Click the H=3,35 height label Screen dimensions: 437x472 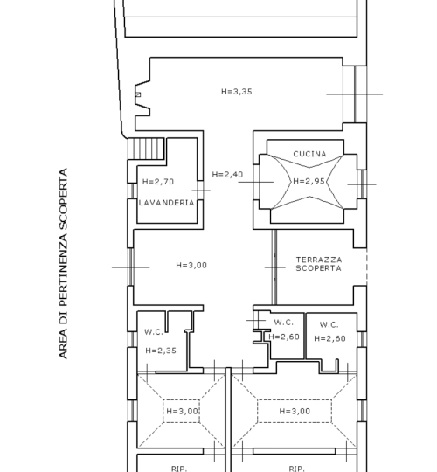[237, 92]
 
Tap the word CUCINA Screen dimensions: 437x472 [309, 154]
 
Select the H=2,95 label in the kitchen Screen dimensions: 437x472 [309, 181]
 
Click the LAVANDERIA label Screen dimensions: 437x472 [166, 203]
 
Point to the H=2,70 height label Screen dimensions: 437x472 [158, 182]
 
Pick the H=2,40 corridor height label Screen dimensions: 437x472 [227, 175]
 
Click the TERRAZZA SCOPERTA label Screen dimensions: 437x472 [319, 264]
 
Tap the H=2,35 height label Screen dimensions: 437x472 [161, 351]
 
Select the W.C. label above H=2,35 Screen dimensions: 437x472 [154, 332]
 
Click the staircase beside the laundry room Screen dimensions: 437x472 [146, 149]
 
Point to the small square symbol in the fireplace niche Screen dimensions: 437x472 [138, 94]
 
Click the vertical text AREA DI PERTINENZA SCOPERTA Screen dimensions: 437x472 [63, 263]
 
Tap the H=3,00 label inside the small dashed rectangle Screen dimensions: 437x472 [182, 411]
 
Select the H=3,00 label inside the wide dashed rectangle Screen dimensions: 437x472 [295, 411]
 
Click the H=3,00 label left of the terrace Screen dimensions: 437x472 [191, 265]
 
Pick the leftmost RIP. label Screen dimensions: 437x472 [179, 469]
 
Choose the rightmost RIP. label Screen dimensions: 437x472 [296, 469]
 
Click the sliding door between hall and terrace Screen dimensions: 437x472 [274, 267]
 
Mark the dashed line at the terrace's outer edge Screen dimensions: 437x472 [366, 267]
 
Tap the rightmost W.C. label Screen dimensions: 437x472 [329, 325]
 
